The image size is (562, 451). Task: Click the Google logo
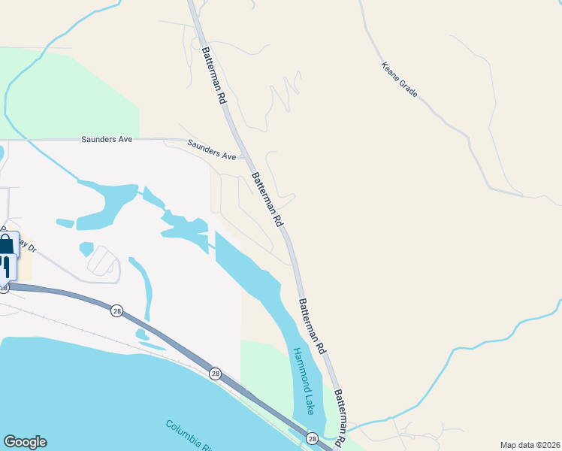click(25, 442)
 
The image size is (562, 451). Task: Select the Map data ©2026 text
click(530, 445)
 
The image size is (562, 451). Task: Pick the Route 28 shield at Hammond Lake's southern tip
click(312, 438)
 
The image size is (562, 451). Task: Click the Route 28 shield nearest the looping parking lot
click(116, 310)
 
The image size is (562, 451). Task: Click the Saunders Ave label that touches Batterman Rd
click(212, 151)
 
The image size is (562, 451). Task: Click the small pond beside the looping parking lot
click(86, 248)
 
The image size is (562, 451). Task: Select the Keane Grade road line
click(451, 128)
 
